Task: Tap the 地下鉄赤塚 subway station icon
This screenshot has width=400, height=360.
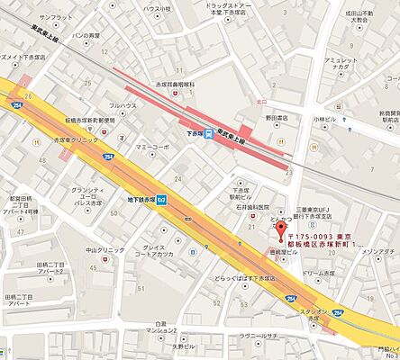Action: (161, 201)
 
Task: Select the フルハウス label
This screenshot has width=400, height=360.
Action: (124, 106)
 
